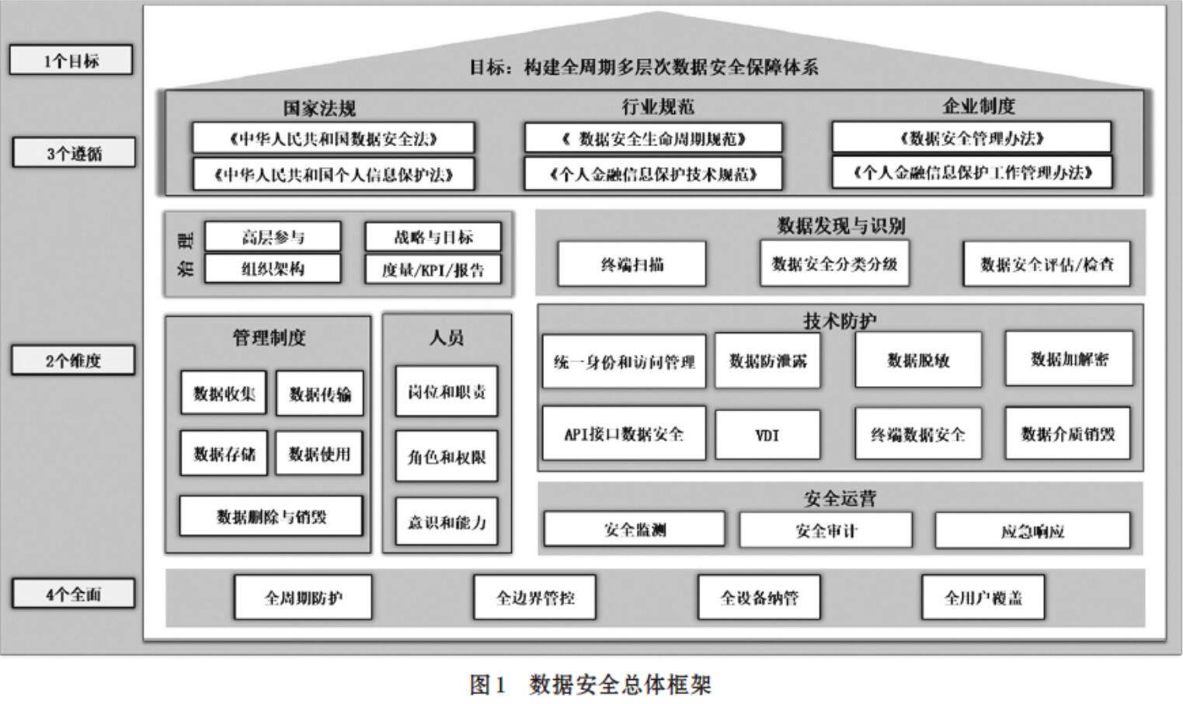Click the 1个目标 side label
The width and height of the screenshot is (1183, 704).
(x=71, y=61)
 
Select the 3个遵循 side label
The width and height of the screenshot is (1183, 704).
(x=74, y=153)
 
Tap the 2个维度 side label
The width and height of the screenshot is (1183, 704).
(x=73, y=361)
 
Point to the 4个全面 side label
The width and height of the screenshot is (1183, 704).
(x=73, y=594)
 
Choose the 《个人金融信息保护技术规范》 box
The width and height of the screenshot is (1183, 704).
(x=653, y=174)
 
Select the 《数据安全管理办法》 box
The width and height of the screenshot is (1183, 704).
(x=971, y=138)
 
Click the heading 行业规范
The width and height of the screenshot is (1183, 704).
(x=657, y=106)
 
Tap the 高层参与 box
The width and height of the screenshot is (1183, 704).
(x=273, y=237)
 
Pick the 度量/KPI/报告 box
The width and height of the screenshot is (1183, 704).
(x=433, y=270)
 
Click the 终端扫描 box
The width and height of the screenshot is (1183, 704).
(x=632, y=264)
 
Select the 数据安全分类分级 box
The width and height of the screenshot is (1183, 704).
(x=834, y=264)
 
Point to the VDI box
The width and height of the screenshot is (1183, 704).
(x=767, y=435)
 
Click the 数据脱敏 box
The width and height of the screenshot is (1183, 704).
(x=918, y=361)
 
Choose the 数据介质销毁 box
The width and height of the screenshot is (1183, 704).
(x=1068, y=434)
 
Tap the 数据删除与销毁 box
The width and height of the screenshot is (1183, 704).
(x=271, y=517)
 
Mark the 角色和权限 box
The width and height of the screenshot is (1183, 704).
(x=447, y=457)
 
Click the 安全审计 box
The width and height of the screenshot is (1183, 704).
(x=826, y=531)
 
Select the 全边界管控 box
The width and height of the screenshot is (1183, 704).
(x=535, y=598)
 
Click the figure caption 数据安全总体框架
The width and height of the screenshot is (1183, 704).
(x=620, y=685)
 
